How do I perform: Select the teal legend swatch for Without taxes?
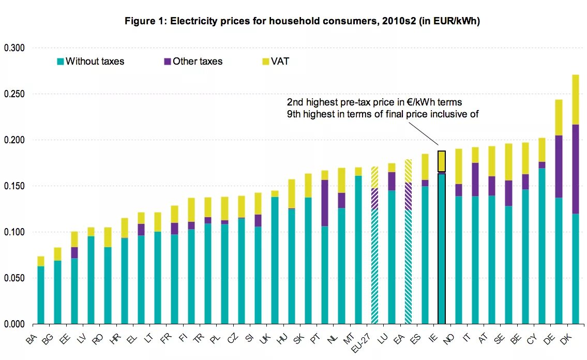point(60,62)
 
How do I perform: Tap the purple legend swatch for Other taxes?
point(167,62)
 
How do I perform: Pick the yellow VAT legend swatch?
point(266,62)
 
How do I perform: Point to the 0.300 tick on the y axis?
point(14,48)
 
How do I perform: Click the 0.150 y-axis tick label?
point(14,186)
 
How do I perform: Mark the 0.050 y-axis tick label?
point(14,278)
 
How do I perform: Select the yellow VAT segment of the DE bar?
point(559,117)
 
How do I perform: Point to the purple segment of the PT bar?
point(325,203)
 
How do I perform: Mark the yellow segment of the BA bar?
point(41,261)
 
